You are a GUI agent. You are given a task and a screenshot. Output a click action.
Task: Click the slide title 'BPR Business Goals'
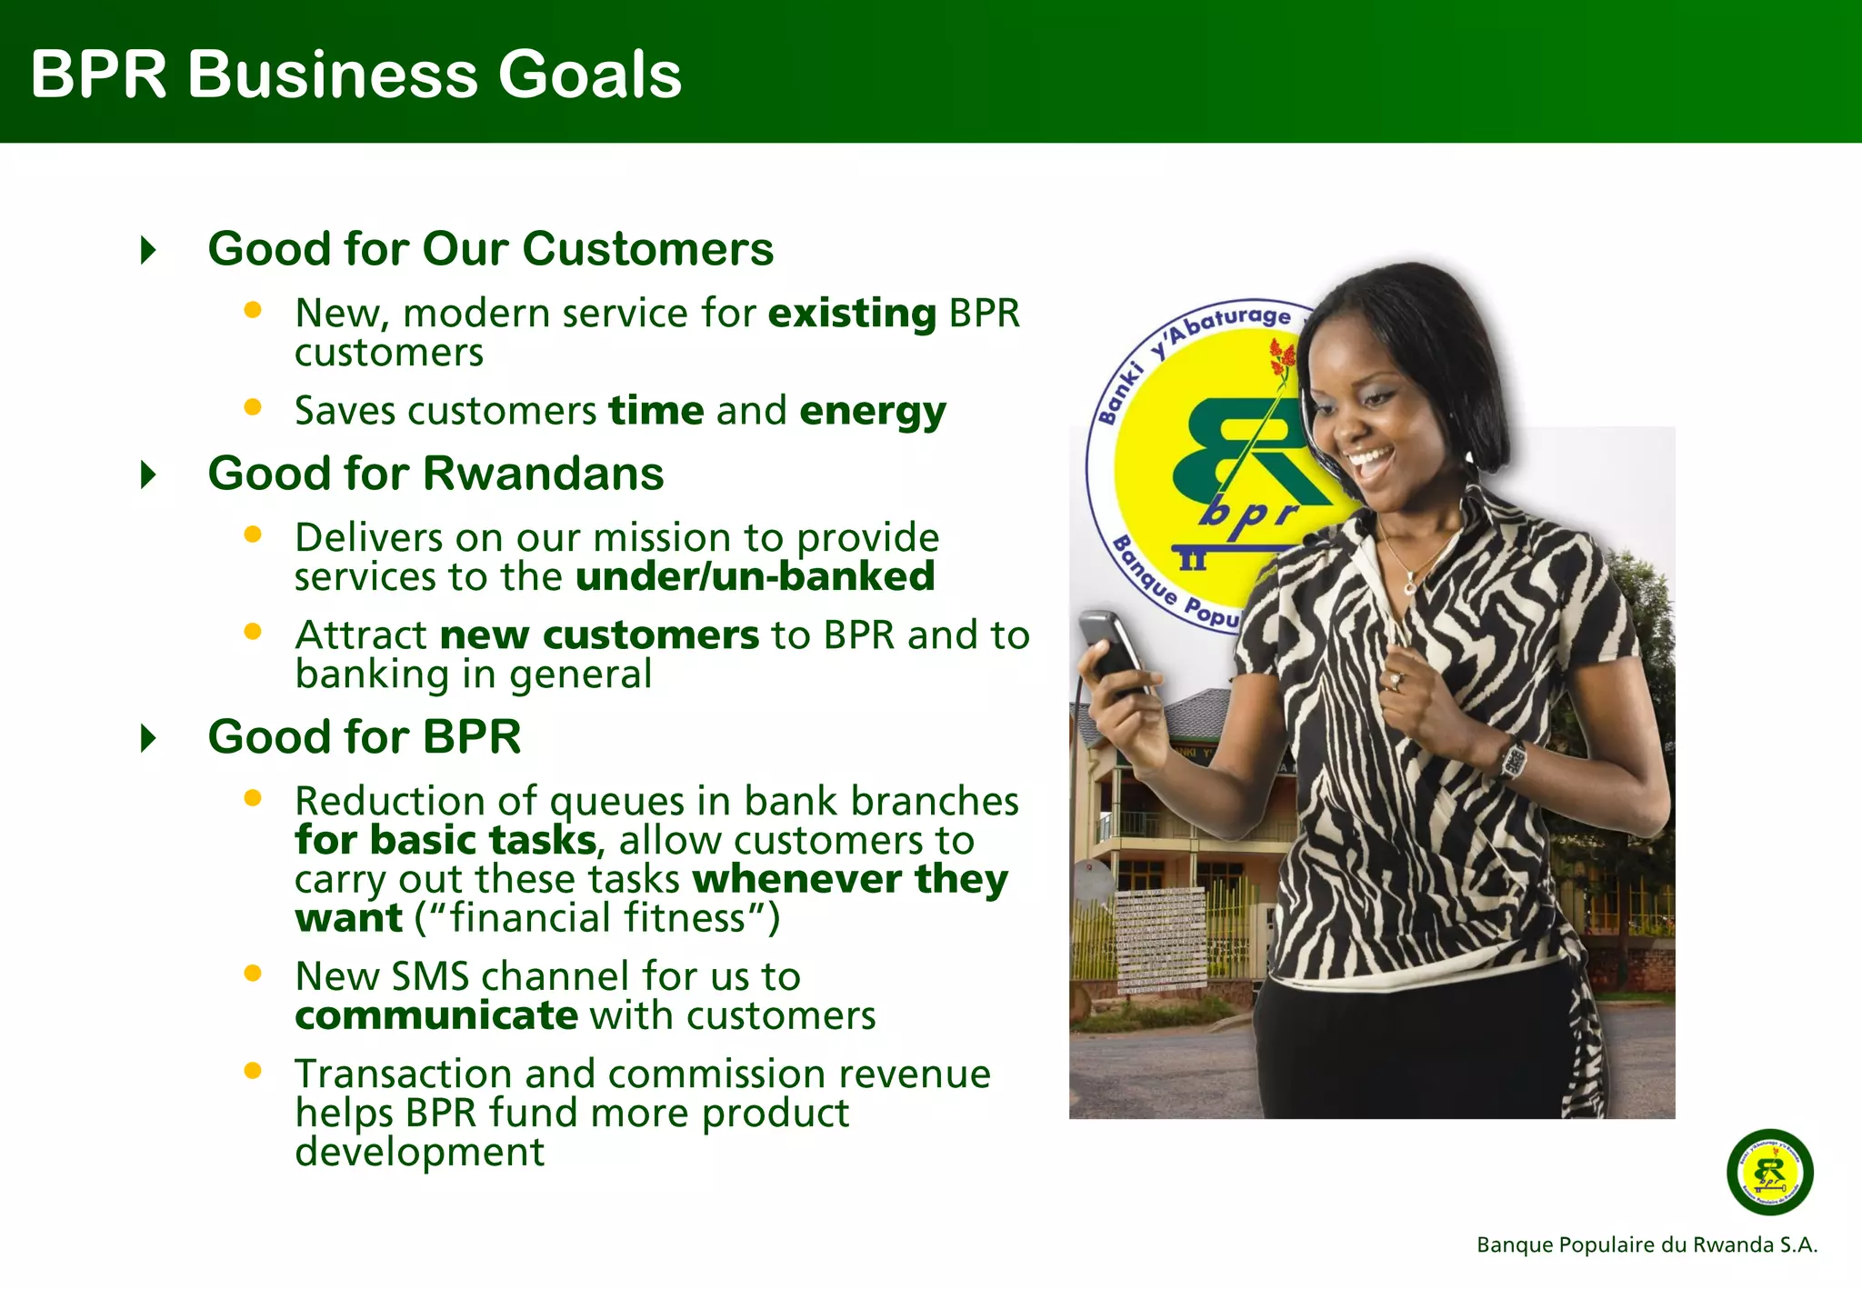click(x=355, y=75)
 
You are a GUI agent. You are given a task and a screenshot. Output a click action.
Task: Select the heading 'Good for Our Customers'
click(x=490, y=249)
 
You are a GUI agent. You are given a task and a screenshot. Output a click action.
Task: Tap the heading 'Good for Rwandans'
click(x=435, y=474)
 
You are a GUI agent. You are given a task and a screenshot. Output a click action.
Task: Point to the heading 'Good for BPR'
click(x=364, y=736)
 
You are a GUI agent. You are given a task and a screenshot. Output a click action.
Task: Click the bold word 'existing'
click(x=852, y=314)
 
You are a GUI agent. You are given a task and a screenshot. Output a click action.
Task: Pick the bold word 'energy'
click(x=873, y=412)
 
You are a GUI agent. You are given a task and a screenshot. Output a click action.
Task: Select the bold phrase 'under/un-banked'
click(x=755, y=577)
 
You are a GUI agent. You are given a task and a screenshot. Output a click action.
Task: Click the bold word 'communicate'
click(x=436, y=1015)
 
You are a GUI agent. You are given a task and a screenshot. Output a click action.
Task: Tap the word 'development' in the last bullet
click(x=419, y=1153)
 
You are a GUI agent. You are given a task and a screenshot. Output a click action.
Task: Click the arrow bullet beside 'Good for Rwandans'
click(x=149, y=475)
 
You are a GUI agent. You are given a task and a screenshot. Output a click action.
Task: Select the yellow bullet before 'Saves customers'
click(x=253, y=407)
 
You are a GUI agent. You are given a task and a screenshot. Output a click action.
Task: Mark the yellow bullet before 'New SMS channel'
click(x=253, y=974)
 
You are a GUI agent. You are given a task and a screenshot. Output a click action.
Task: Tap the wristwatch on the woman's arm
click(x=1512, y=760)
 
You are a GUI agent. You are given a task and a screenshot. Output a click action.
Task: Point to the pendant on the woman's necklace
click(x=1409, y=587)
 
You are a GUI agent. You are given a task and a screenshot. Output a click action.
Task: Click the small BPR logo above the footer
click(x=1769, y=1173)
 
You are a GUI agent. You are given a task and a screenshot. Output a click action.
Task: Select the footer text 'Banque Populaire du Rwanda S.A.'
click(x=1647, y=1245)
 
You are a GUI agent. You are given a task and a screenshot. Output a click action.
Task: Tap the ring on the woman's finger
click(x=1396, y=680)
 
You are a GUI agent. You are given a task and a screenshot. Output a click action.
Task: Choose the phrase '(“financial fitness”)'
click(x=597, y=918)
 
